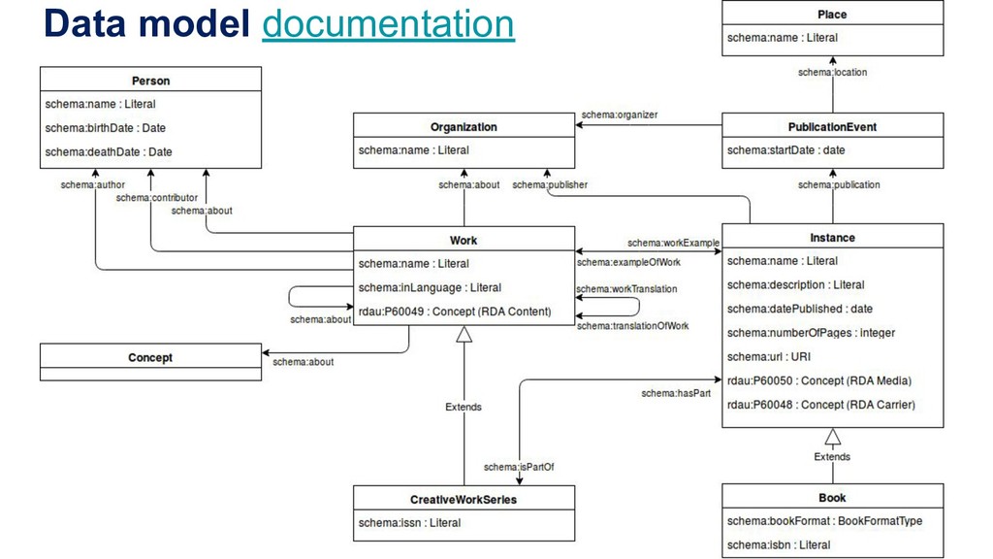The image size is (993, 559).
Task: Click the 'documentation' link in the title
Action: pyautogui.click(x=388, y=24)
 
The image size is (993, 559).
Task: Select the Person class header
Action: pyautogui.click(x=150, y=80)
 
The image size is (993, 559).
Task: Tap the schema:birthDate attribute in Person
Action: pyautogui.click(x=106, y=128)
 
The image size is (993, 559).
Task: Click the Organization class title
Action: pyautogui.click(x=464, y=126)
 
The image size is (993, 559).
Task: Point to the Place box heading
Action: pyautogui.click(x=832, y=15)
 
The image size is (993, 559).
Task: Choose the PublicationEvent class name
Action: pyautogui.click(x=832, y=126)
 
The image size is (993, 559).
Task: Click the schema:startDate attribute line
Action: pyautogui.click(x=785, y=150)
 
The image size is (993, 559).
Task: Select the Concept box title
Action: pyautogui.click(x=150, y=358)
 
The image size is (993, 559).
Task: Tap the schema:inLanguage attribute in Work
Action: pyautogui.click(x=430, y=287)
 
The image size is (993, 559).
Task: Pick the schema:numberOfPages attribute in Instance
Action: pyautogui.click(x=811, y=333)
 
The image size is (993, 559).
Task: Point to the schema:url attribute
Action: pyautogui.click(x=768, y=357)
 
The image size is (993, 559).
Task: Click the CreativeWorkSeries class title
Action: pyautogui.click(x=464, y=500)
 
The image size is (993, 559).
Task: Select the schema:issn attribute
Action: pyautogui.click(x=409, y=523)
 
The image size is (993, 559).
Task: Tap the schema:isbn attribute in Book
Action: pyautogui.click(x=779, y=545)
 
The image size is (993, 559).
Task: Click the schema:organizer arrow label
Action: pyautogui.click(x=619, y=115)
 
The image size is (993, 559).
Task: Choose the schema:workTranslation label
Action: pyautogui.click(x=626, y=288)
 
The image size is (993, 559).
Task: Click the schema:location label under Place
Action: pyautogui.click(x=832, y=72)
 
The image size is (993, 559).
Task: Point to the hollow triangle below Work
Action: pyautogui.click(x=464, y=334)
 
